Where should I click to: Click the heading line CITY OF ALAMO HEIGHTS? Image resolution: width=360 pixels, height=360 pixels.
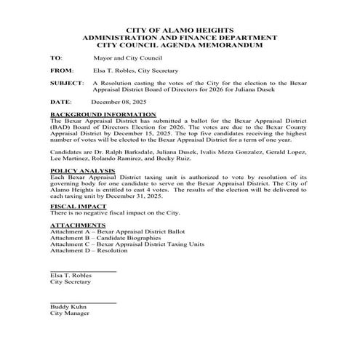click(x=180, y=27)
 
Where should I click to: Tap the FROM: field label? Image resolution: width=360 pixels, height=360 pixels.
click(x=61, y=71)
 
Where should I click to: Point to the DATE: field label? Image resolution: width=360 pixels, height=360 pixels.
click(x=61, y=103)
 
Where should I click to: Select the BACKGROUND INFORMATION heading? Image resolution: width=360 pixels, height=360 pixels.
click(x=103, y=116)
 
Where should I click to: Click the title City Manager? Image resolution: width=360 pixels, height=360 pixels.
click(x=69, y=314)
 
